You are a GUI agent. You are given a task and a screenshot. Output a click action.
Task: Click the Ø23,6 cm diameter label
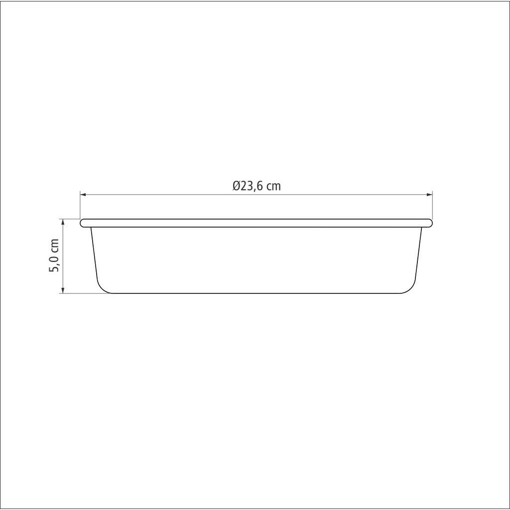[x=256, y=186]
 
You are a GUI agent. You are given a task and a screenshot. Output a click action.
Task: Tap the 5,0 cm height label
[x=54, y=255]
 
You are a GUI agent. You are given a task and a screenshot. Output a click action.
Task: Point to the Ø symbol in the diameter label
[x=237, y=186]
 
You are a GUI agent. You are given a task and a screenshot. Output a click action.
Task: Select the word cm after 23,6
[x=273, y=187]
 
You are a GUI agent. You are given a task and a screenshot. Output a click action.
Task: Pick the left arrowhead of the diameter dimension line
[x=83, y=195]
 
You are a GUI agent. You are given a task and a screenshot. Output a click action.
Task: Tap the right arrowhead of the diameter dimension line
[x=429, y=195]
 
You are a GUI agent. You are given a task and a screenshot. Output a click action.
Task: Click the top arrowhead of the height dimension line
[x=63, y=222]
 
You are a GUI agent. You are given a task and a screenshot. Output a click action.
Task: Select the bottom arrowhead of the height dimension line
[x=63, y=290]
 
